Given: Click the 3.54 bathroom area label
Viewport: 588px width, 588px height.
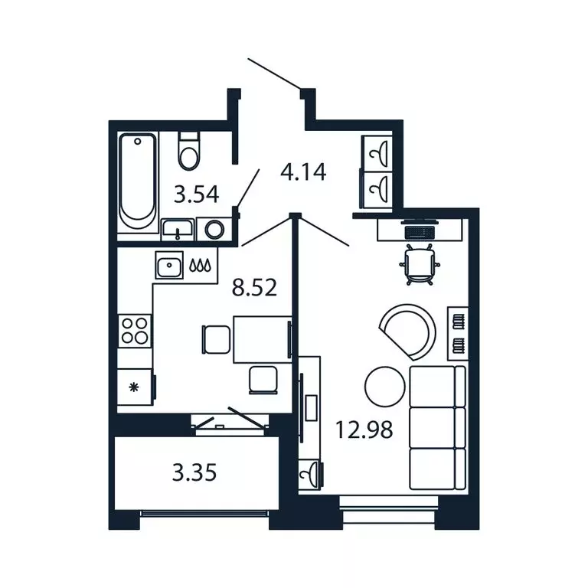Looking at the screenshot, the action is click(x=197, y=195).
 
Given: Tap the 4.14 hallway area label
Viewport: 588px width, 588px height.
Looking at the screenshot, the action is click(x=303, y=172).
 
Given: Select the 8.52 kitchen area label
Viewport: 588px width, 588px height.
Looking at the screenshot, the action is click(x=254, y=288).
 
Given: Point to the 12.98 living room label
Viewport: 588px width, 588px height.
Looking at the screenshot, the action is click(x=364, y=430).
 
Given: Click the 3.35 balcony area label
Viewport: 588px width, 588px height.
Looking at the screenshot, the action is click(x=194, y=472).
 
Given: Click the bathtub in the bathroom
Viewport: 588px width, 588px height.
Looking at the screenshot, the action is click(x=137, y=181).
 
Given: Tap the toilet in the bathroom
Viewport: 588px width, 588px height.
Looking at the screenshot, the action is click(x=188, y=150).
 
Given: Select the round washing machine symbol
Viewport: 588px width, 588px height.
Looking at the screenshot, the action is click(x=214, y=229).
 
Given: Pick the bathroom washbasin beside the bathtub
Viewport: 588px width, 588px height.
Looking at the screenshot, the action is click(x=178, y=229).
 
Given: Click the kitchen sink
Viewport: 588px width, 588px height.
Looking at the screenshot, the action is click(x=169, y=265).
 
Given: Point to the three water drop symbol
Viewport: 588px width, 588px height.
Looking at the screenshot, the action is click(x=201, y=265).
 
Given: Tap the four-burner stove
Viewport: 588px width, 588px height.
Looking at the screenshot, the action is click(x=134, y=331).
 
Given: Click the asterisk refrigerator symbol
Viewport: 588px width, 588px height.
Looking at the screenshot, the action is click(x=133, y=387).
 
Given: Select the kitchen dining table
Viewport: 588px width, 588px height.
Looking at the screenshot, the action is click(x=263, y=339).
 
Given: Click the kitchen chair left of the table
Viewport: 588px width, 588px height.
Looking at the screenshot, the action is click(x=216, y=339).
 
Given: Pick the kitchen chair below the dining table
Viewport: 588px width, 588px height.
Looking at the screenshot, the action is click(x=263, y=381).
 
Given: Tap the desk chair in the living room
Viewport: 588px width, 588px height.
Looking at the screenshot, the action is click(x=420, y=264).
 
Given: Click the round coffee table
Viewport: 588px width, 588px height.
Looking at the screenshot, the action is click(x=385, y=387).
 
